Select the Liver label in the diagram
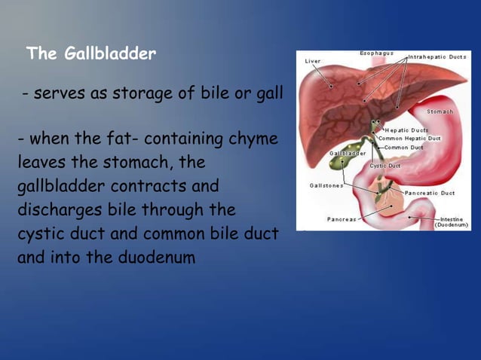(312, 61)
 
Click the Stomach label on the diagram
(440, 111)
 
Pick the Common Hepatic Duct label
(409, 139)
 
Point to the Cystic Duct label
(384, 165)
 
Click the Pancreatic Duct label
(430, 193)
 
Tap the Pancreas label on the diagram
(342, 219)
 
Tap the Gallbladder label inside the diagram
(348, 153)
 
